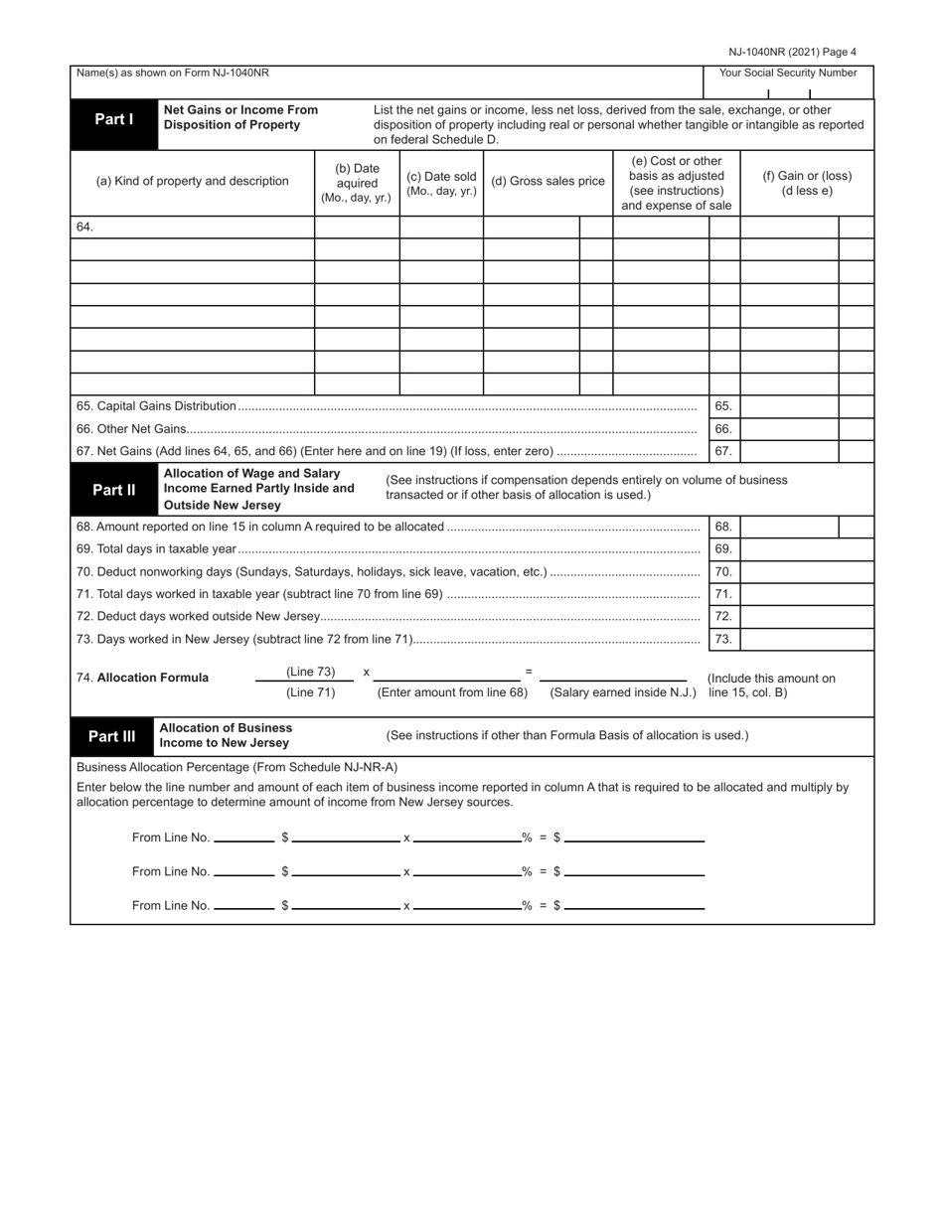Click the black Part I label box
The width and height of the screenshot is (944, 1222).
(113, 119)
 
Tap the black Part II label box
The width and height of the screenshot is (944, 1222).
(113, 490)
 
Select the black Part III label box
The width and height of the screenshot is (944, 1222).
(111, 736)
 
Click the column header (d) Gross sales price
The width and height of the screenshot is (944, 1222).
(548, 182)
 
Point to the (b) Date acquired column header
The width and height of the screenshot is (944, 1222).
(357, 183)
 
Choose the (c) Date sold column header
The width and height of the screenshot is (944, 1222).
(441, 183)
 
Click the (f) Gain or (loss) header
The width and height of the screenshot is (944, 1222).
(807, 183)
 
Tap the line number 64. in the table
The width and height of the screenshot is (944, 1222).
(84, 228)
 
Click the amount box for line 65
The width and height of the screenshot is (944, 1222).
(789, 406)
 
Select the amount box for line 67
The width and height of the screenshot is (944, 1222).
(789, 451)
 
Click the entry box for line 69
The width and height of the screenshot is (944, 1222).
(806, 549)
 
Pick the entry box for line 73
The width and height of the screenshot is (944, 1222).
(806, 639)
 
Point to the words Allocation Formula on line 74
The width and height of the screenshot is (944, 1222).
(153, 678)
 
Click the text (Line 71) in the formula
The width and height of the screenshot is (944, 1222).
(311, 692)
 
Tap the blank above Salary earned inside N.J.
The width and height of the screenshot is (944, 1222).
(613, 674)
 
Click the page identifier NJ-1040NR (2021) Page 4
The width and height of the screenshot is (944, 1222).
(792, 53)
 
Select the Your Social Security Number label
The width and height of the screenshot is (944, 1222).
(787, 74)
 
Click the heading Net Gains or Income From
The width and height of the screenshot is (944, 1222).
(240, 110)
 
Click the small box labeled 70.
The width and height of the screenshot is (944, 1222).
(723, 572)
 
